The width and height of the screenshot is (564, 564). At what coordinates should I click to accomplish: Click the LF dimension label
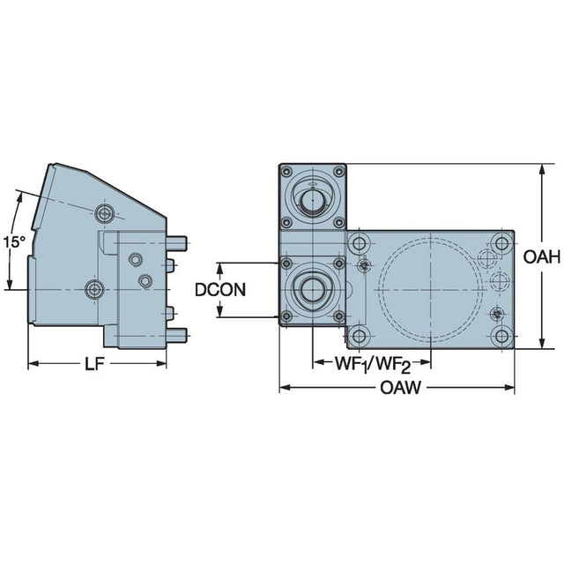pyautogui.click(x=94, y=364)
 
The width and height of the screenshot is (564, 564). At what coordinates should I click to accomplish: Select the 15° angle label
pyautogui.click(x=15, y=241)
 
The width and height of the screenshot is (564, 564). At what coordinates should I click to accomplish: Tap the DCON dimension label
pyautogui.click(x=220, y=290)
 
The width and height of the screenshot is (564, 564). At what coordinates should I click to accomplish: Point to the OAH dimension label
pyautogui.click(x=542, y=256)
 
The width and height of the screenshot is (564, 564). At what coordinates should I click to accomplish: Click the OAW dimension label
pyautogui.click(x=400, y=388)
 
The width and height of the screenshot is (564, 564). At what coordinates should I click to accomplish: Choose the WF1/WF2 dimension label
pyautogui.click(x=373, y=364)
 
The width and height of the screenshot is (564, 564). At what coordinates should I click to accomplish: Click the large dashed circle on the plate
pyautogui.click(x=431, y=290)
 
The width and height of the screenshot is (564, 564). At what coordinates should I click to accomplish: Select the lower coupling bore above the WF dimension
pyautogui.click(x=313, y=290)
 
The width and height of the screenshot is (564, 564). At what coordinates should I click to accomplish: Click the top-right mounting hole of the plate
pyautogui.click(x=501, y=244)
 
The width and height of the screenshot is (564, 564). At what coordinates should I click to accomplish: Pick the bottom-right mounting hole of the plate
pyautogui.click(x=501, y=337)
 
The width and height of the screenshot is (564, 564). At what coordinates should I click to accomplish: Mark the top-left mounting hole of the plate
pyautogui.click(x=359, y=244)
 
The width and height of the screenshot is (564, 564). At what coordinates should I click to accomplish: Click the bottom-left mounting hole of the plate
pyautogui.click(x=359, y=337)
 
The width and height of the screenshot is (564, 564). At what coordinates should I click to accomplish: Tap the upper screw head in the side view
pyautogui.click(x=105, y=213)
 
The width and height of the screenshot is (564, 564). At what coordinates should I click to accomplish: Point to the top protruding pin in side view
pyautogui.click(x=176, y=243)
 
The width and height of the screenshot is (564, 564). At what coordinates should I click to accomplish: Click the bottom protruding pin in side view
pyautogui.click(x=176, y=335)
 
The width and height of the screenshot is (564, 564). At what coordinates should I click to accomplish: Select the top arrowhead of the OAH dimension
pyautogui.click(x=541, y=170)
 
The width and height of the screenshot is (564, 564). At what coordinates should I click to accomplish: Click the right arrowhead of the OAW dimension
pyautogui.click(x=509, y=388)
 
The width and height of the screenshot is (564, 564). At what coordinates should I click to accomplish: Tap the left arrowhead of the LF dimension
pyautogui.click(x=33, y=364)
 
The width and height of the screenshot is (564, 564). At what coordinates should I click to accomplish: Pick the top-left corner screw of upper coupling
pyautogui.click(x=286, y=172)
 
